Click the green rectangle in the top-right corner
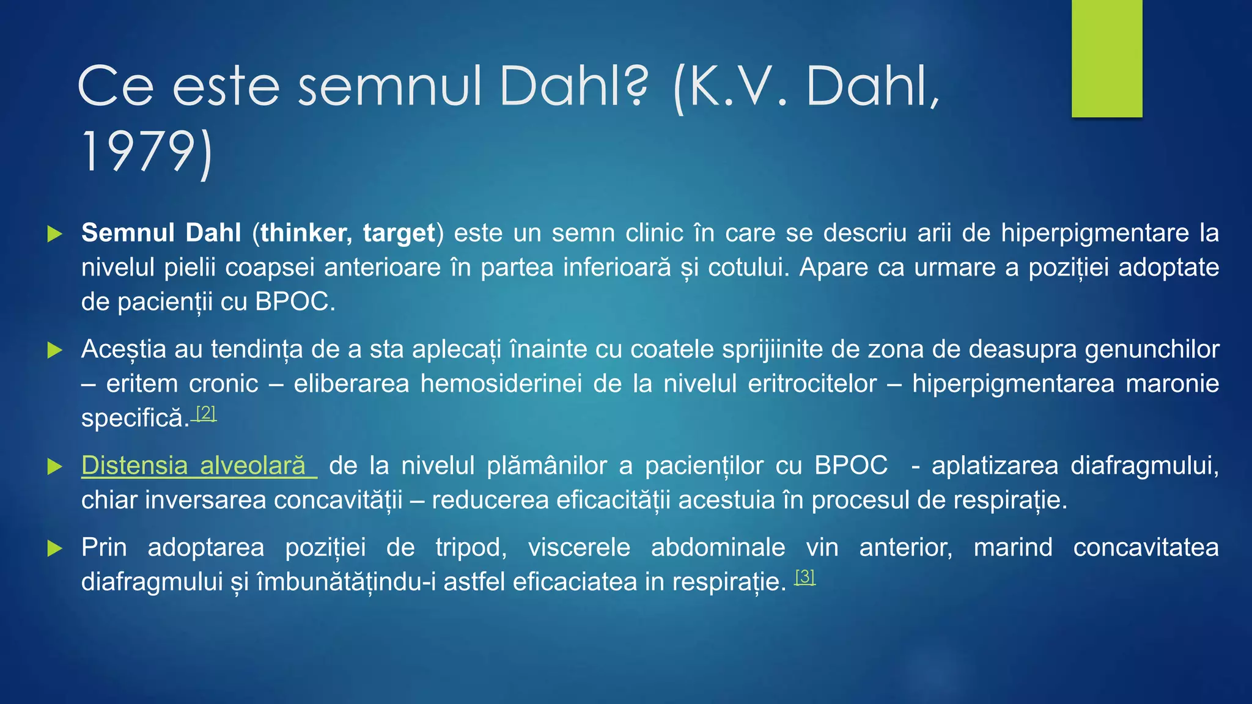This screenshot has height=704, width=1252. pyautogui.click(x=1107, y=58)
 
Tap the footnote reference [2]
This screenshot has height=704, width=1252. pyautogui.click(x=205, y=413)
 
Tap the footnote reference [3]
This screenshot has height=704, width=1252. pyautogui.click(x=805, y=576)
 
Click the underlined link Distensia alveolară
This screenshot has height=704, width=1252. pyautogui.click(x=194, y=466)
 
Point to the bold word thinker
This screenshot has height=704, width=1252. pyautogui.click(x=304, y=233)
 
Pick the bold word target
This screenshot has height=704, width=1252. pyautogui.click(x=399, y=233)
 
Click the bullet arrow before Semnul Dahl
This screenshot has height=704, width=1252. pyautogui.click(x=55, y=233)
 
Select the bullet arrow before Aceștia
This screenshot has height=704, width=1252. pyautogui.click(x=55, y=350)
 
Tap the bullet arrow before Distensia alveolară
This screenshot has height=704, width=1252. pyautogui.click(x=55, y=467)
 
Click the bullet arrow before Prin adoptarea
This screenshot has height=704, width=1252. pyautogui.click(x=55, y=548)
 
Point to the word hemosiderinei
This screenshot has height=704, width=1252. pyautogui.click(x=501, y=384)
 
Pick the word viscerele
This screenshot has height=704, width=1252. pyautogui.click(x=579, y=548)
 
